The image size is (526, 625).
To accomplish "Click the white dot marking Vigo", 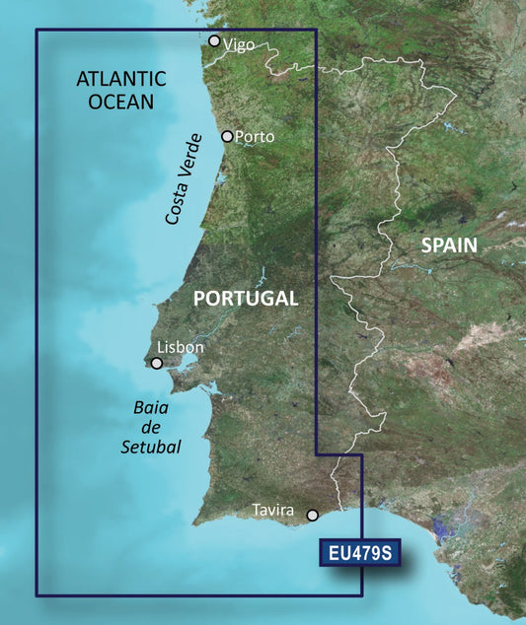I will pyautogui.click(x=214, y=41).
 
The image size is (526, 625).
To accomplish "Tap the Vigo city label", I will pyautogui.click(x=240, y=44).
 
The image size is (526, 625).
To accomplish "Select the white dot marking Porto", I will pyautogui.click(x=228, y=136).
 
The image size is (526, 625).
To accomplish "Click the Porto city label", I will pyautogui.click(x=255, y=137).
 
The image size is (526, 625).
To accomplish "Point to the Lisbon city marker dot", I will pyautogui.click(x=156, y=364).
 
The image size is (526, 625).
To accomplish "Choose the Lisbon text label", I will pyautogui.click(x=181, y=347).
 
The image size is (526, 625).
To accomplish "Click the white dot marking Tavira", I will pyautogui.click(x=313, y=515).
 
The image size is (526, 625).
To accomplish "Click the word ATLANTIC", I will pyautogui.click(x=121, y=79).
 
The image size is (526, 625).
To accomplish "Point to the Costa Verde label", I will pyautogui.click(x=185, y=177).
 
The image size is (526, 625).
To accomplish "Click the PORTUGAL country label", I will pyautogui.click(x=245, y=298).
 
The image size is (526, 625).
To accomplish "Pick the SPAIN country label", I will pyautogui.click(x=449, y=244).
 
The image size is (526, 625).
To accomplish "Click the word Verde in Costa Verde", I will pyautogui.click(x=191, y=156).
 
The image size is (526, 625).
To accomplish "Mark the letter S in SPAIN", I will pyautogui.click(x=427, y=244).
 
